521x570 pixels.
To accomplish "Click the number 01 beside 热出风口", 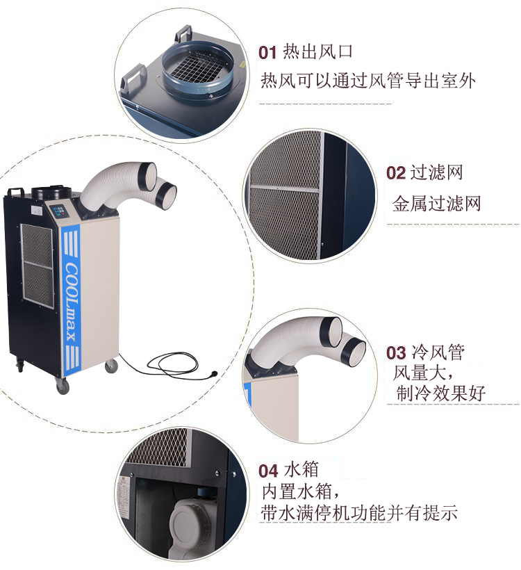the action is (x=267, y=53).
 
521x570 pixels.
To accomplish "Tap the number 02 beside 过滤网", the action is (x=396, y=172).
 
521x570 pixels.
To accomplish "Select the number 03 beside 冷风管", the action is (x=396, y=353).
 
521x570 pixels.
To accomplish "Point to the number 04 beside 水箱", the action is (x=268, y=471).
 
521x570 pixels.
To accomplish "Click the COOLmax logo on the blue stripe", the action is (x=72, y=302).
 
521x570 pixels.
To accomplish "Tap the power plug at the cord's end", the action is (x=213, y=374).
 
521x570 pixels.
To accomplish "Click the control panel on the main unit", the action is (x=58, y=211).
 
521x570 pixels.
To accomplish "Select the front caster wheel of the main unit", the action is (x=63, y=386).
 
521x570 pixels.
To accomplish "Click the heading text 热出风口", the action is (x=317, y=51).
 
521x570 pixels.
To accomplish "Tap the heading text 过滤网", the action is (x=436, y=172).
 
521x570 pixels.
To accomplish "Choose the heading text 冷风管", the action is (x=438, y=352).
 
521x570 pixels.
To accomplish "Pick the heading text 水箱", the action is (x=301, y=469).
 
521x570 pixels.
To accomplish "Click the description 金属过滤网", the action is (x=436, y=204).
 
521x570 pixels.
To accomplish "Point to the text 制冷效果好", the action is (x=441, y=393).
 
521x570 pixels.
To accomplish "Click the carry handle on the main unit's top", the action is (x=17, y=192).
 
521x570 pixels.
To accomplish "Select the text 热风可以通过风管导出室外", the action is (x=367, y=81).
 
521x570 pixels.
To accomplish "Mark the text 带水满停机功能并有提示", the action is (x=359, y=513).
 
